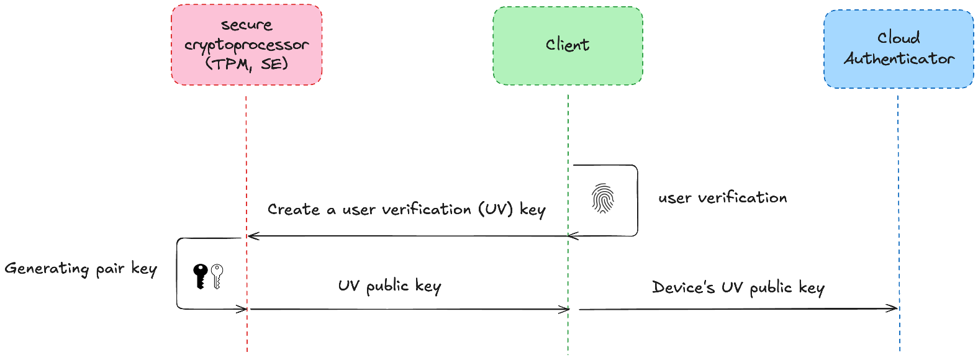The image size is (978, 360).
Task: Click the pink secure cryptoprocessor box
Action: coord(247,45)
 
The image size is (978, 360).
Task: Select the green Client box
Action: coord(568,45)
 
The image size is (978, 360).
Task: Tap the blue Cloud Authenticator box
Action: coord(898,48)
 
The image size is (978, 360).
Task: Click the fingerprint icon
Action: coord(603,199)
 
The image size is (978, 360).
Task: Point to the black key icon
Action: coord(200,276)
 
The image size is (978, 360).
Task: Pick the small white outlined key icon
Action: coord(217,276)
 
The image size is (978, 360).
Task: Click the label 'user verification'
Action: coord(722,198)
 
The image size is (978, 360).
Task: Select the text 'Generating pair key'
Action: coord(81,268)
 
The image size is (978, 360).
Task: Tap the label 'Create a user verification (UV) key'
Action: coord(406,210)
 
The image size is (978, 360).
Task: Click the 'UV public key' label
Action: coord(389,286)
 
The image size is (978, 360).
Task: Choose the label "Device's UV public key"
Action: coord(738,288)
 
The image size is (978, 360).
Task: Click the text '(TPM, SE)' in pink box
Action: coord(247,64)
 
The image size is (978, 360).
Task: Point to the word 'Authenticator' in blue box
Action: coord(899,59)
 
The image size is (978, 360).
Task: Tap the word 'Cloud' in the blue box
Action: coord(898,38)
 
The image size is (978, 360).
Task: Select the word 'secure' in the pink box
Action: coord(247,25)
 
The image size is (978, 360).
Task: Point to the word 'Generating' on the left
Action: coord(47,268)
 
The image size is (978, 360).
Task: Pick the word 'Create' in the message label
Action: coord(293,210)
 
